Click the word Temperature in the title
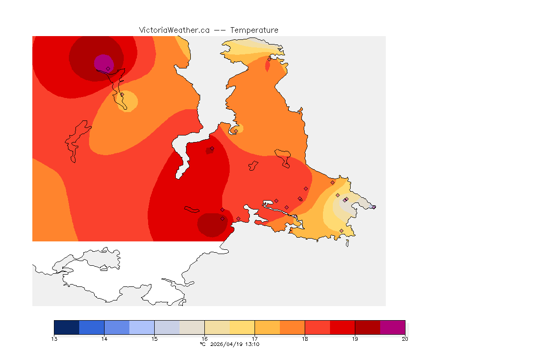click(254, 30)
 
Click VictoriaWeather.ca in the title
click(174, 30)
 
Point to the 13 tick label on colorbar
click(54, 339)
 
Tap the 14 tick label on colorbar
click(105, 339)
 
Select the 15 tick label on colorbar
click(155, 339)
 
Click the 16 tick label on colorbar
click(204, 339)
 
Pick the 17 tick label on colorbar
click(255, 339)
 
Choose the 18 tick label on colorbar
click(305, 339)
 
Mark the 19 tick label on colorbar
click(355, 339)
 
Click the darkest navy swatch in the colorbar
click(67, 327)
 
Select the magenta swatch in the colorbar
click(392, 327)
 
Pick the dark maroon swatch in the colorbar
click(367, 327)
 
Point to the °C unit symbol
click(202, 344)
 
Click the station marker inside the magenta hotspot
click(108, 68)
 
